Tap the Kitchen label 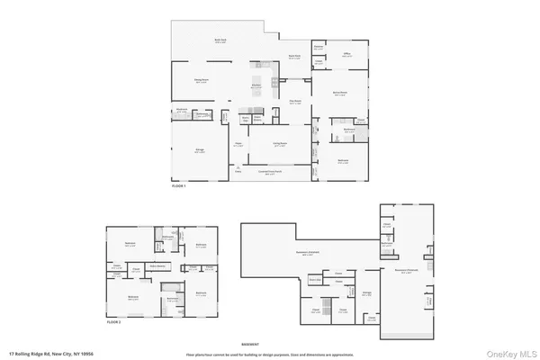coord(256,86)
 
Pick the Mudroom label coord(181,112)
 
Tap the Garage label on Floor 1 coord(200,150)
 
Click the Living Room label coord(281,142)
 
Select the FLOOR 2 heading coord(113,321)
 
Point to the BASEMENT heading coord(250,344)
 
